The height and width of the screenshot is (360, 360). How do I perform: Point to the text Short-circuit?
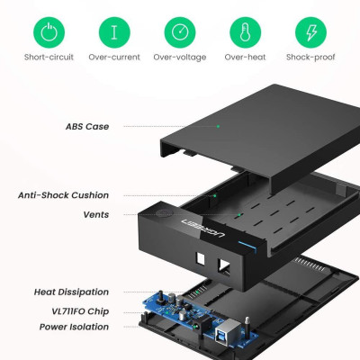(x=49, y=58)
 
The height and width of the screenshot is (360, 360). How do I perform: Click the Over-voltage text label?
(x=179, y=58)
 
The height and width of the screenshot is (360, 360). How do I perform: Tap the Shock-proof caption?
(x=310, y=58)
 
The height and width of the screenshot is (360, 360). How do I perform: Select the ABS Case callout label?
(x=87, y=127)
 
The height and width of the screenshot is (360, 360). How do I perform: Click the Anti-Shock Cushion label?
(x=64, y=195)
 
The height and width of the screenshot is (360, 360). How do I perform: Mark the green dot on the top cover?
(x=218, y=127)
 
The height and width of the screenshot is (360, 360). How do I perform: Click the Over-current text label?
(x=114, y=58)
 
